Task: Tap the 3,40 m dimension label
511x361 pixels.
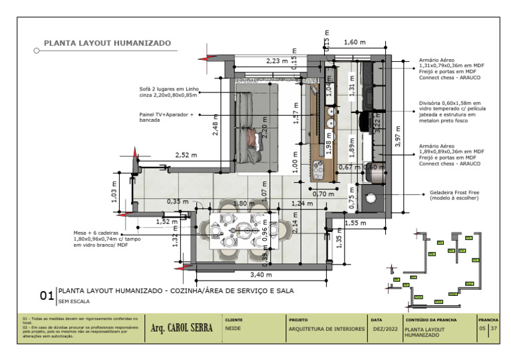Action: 261,274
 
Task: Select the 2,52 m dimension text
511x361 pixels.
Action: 186,155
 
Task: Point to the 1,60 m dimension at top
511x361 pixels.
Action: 355,43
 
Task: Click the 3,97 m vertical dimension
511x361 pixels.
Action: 398,136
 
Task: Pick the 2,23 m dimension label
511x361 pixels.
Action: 277,60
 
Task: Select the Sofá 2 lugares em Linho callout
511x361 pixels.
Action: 169,92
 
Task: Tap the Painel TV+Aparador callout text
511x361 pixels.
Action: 166,117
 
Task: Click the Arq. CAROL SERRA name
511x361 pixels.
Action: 182,328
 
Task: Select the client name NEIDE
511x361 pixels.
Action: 233,328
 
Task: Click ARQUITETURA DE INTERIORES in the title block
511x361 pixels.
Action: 327,329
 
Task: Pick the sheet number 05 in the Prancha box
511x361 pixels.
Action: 482,328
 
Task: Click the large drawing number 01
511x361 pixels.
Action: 47,295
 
